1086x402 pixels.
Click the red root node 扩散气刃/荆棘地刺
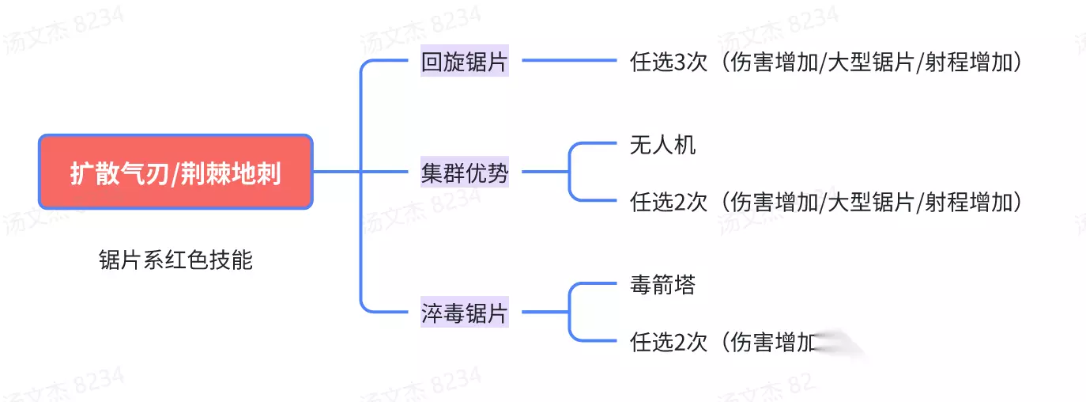point(175,172)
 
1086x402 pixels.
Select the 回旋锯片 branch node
point(464,63)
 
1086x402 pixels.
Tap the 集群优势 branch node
point(464,172)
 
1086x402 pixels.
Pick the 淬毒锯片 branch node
point(464,313)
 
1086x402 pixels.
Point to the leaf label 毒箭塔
point(662,285)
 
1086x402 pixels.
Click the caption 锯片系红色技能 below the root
point(175,260)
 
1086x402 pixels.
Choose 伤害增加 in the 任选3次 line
point(774,63)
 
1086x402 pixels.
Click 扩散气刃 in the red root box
point(119,173)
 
